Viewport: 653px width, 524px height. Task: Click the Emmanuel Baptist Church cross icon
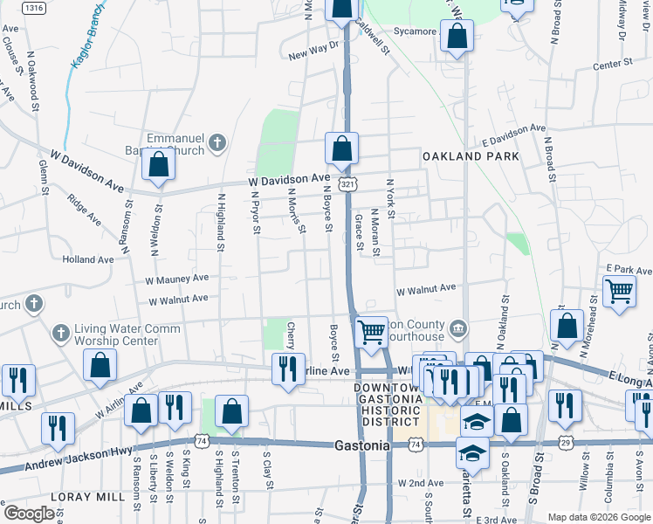pos(217,141)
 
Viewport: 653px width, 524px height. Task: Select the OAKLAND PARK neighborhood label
pos(471,156)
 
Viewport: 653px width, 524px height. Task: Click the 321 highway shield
pos(347,184)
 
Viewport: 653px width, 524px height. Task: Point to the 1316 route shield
pos(34,8)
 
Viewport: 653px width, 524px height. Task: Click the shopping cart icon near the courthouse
pos(372,332)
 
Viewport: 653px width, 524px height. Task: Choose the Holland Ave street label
pos(87,259)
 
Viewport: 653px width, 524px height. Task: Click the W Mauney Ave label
pos(177,279)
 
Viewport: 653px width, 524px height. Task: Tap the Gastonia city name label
pos(361,445)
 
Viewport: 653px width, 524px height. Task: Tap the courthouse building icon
pos(457,328)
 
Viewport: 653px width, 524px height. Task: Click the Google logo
pos(28,514)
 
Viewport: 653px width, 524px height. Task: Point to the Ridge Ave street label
pos(85,209)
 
